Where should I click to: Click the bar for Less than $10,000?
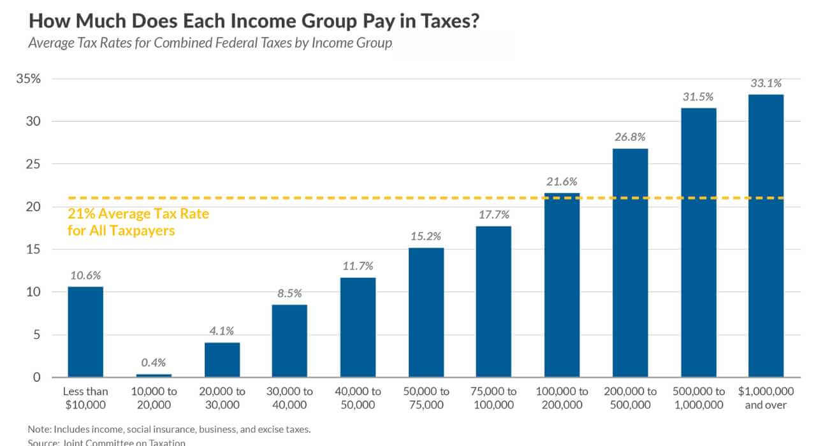click(x=85, y=332)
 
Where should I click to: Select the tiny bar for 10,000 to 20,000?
click(x=154, y=375)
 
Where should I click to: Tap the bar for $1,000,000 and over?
click(x=766, y=236)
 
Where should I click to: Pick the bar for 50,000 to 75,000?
click(x=426, y=312)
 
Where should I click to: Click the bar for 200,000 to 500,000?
click(x=630, y=263)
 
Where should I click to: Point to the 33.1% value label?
click(x=766, y=83)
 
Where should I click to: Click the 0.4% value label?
click(x=154, y=363)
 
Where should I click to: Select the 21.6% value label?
click(x=562, y=182)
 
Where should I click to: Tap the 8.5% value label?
click(x=289, y=293)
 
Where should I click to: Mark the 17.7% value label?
click(x=493, y=215)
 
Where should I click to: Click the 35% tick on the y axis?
click(x=28, y=79)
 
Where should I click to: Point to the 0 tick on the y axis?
click(x=36, y=377)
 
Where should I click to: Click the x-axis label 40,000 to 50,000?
click(x=358, y=398)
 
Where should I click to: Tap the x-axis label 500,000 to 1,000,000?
click(x=698, y=398)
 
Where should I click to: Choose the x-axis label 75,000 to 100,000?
click(x=493, y=398)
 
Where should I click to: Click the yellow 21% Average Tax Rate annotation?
click(x=138, y=222)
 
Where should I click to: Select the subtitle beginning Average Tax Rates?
click(x=210, y=44)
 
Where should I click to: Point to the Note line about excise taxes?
click(x=169, y=429)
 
